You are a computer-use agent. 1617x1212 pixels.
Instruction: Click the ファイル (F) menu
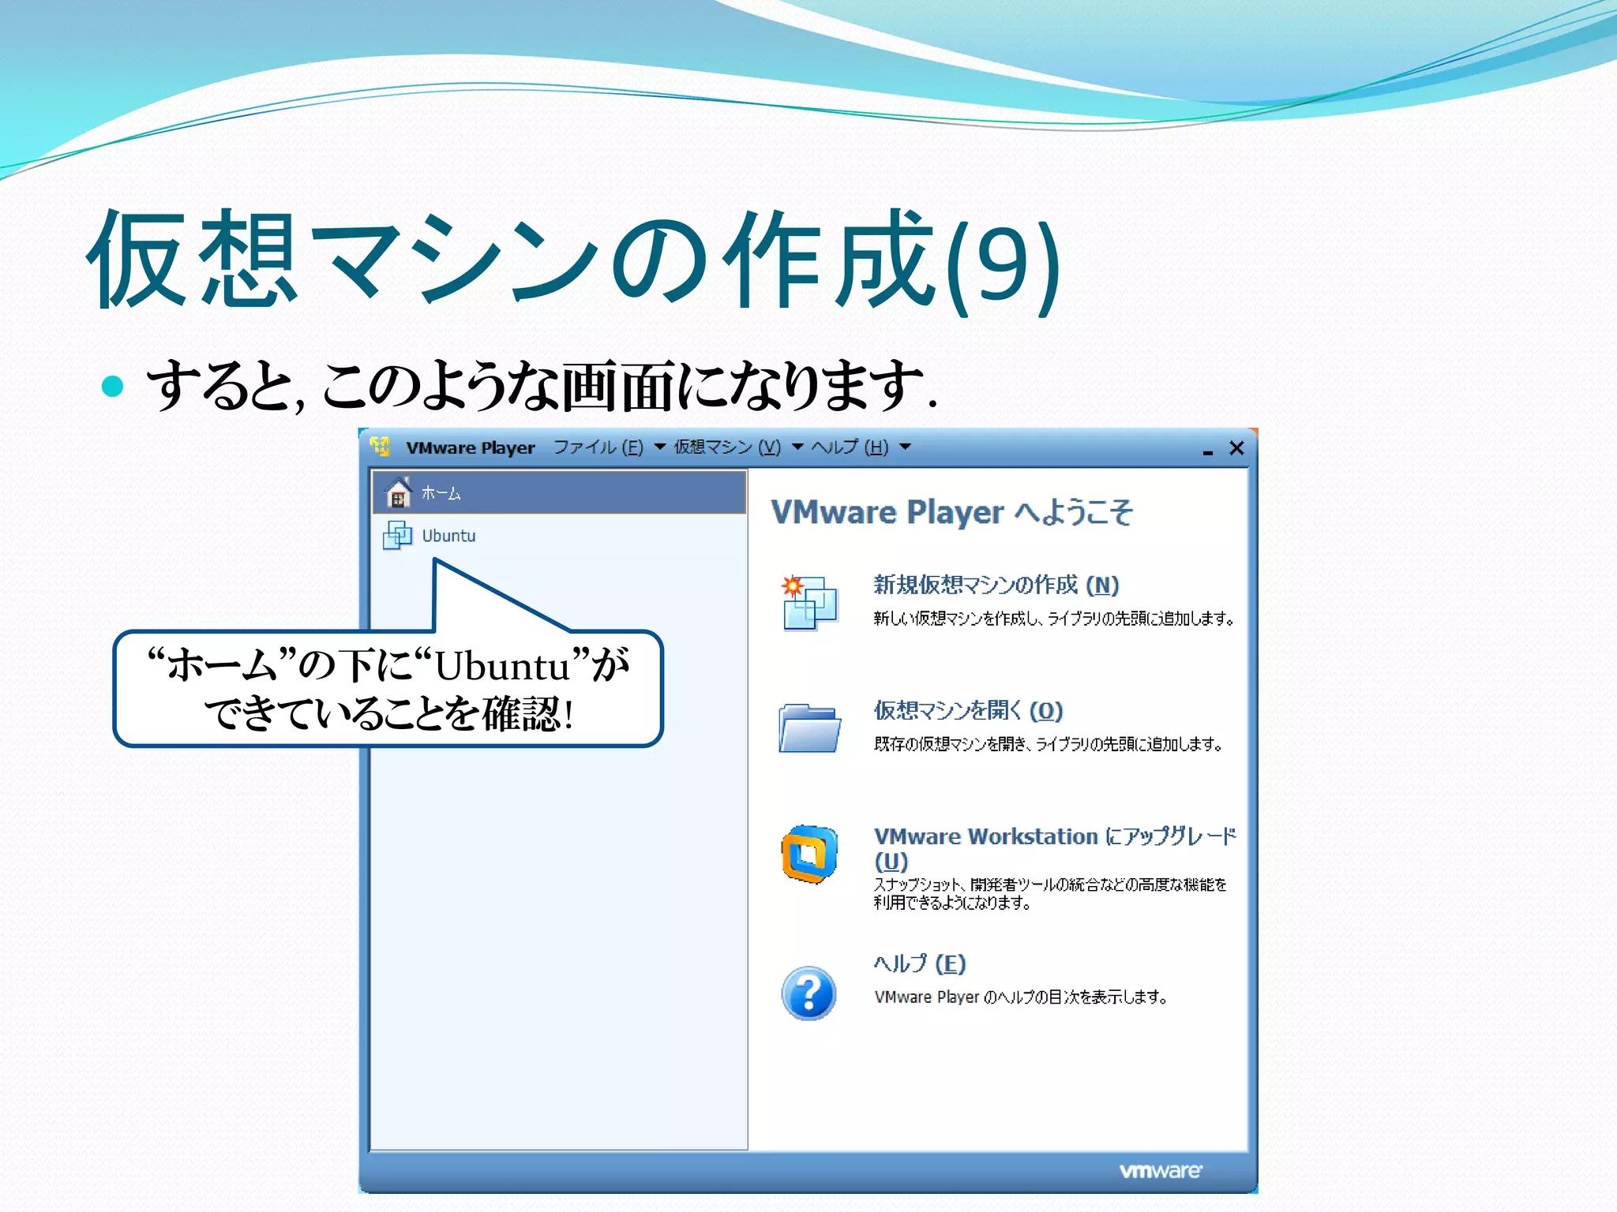pos(598,447)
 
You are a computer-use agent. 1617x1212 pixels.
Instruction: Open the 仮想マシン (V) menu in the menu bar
pos(727,447)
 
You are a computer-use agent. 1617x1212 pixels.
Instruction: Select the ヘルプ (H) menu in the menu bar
pos(850,447)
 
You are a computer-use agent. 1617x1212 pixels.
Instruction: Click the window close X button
pos(1236,448)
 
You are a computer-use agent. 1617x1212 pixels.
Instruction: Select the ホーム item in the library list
pos(441,493)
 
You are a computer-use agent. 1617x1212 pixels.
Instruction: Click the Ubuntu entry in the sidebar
pos(448,536)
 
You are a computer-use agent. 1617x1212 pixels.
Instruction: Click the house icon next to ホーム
pos(398,493)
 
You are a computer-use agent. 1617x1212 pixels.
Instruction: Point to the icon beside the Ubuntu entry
pos(397,535)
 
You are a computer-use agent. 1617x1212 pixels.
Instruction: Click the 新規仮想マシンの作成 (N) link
pos(996,585)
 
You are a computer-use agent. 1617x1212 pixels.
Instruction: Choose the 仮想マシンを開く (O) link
pos(968,710)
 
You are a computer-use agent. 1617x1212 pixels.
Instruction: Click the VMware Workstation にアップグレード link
pos(1054,836)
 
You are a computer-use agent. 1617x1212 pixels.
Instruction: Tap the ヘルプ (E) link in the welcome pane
pos(920,963)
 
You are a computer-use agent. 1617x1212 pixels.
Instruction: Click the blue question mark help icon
pos(808,993)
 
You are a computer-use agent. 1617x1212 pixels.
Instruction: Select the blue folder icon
pos(808,728)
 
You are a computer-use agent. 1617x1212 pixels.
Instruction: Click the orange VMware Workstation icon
pos(808,854)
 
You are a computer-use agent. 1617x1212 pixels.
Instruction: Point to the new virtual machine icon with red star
pos(808,603)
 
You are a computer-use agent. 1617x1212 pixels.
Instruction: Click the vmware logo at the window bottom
pos(1160,1171)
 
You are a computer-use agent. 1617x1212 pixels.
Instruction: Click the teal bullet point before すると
pos(113,386)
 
